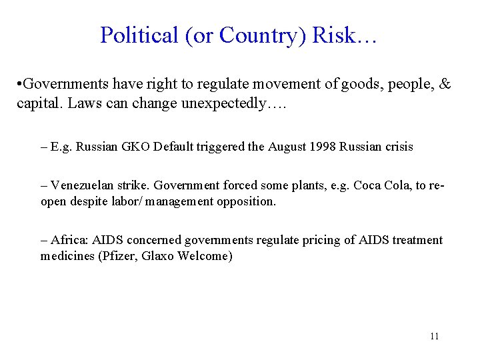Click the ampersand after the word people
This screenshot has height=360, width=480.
(445, 85)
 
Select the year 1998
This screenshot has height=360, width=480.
(323, 147)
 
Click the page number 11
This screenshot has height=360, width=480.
(435, 336)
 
